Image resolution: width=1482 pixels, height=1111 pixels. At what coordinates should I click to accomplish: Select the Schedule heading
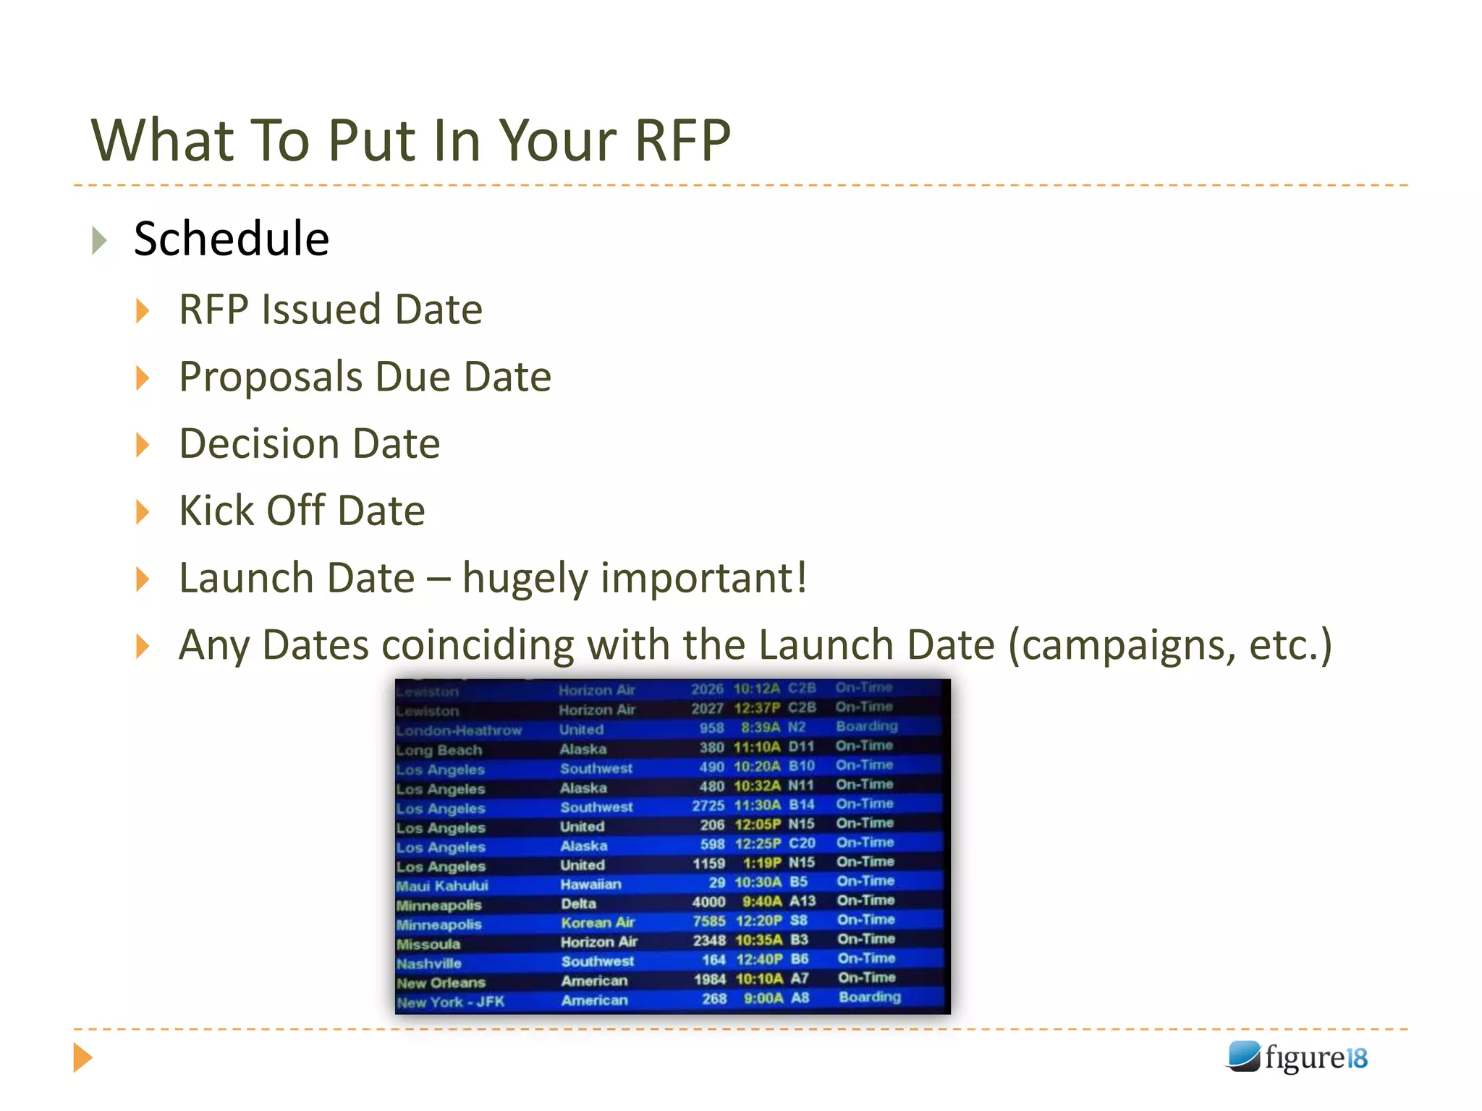point(232,239)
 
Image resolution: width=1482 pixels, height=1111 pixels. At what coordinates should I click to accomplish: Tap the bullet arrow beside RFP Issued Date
point(143,311)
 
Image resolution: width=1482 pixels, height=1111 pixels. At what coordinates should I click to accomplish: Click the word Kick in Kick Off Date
point(215,511)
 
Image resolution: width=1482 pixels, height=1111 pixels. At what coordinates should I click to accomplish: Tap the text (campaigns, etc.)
point(1169,645)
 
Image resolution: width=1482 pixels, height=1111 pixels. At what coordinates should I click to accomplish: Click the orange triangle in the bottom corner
point(83,1057)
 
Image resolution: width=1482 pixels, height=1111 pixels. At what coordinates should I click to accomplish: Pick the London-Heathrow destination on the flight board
point(459,731)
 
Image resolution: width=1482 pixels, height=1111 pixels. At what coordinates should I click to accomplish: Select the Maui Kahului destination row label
point(442,886)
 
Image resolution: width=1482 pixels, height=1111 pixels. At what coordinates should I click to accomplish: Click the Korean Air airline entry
point(598,923)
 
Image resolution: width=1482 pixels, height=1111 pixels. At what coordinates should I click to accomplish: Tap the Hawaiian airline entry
point(590,885)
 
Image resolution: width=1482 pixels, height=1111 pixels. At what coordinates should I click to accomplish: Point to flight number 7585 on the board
point(708,921)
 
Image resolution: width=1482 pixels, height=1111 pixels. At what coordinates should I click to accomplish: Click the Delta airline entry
point(578,903)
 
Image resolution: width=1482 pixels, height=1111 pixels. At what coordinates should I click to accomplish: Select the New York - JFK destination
point(450,1003)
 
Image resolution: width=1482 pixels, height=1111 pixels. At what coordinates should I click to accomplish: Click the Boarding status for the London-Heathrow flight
point(866,726)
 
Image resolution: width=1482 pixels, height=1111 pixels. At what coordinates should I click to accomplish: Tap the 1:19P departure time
point(761,863)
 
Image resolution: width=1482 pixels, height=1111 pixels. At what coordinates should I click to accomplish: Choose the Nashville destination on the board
point(428,963)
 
